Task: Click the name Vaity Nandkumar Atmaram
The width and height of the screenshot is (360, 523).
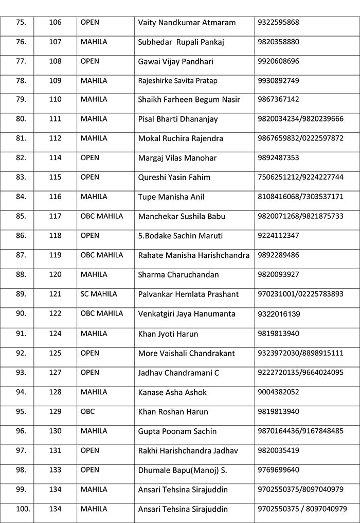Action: tap(187, 23)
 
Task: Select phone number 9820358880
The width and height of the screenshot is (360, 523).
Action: tap(278, 42)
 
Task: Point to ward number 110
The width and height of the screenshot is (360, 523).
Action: tap(55, 99)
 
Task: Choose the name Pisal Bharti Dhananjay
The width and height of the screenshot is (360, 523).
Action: tap(178, 119)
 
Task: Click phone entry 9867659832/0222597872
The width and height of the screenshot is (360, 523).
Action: tap(300, 138)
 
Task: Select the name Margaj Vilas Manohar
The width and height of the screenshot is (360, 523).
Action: tap(177, 158)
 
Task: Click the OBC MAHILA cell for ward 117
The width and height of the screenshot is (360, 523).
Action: tap(102, 216)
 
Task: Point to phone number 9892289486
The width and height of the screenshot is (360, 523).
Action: tap(278, 255)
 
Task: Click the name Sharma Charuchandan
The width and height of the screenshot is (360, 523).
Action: tap(178, 275)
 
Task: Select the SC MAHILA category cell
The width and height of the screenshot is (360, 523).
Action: tap(99, 294)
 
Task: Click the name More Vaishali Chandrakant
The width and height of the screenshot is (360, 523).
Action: tap(187, 354)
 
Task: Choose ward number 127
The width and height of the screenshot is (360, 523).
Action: tap(55, 372)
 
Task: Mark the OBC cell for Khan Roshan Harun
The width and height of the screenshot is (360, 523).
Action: tap(87, 412)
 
